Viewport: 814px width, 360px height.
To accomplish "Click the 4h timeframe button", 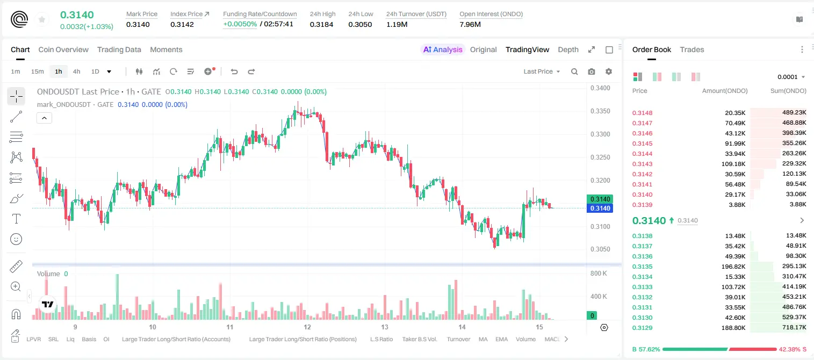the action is (x=76, y=71).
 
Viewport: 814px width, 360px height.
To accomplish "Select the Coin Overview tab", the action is (x=63, y=49).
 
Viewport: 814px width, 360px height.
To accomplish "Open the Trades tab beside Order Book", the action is (x=692, y=49).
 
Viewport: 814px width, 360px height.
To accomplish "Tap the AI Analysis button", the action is (x=443, y=49).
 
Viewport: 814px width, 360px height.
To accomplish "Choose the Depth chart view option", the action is (x=568, y=49).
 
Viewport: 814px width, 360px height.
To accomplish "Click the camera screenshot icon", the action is (x=592, y=71).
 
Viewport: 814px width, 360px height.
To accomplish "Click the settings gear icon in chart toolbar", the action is (x=609, y=71).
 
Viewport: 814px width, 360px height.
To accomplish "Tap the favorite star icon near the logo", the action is (x=42, y=19).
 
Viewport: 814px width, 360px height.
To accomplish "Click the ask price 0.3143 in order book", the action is (x=642, y=164).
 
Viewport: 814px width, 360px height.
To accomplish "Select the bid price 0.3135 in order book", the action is (x=642, y=267).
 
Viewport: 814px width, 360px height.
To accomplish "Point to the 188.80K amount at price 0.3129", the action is (x=733, y=328).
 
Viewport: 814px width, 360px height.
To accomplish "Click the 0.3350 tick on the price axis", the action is (x=600, y=111).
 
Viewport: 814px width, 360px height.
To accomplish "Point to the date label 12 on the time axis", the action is (x=307, y=327).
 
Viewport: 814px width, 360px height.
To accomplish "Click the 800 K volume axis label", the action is (x=599, y=273).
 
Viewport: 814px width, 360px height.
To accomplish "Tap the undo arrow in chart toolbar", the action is (x=234, y=71).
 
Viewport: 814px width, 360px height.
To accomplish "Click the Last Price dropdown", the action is (x=542, y=71).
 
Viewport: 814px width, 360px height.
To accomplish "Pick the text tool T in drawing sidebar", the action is (x=16, y=219).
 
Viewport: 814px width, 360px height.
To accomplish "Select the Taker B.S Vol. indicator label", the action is (x=419, y=339).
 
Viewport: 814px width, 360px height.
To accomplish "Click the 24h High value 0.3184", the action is (x=321, y=24).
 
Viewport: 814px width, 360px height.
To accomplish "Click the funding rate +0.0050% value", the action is (x=240, y=24).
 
